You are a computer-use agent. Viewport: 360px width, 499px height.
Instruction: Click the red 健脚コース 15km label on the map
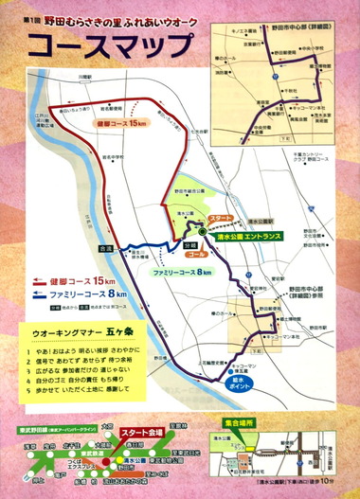[x=122, y=123]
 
